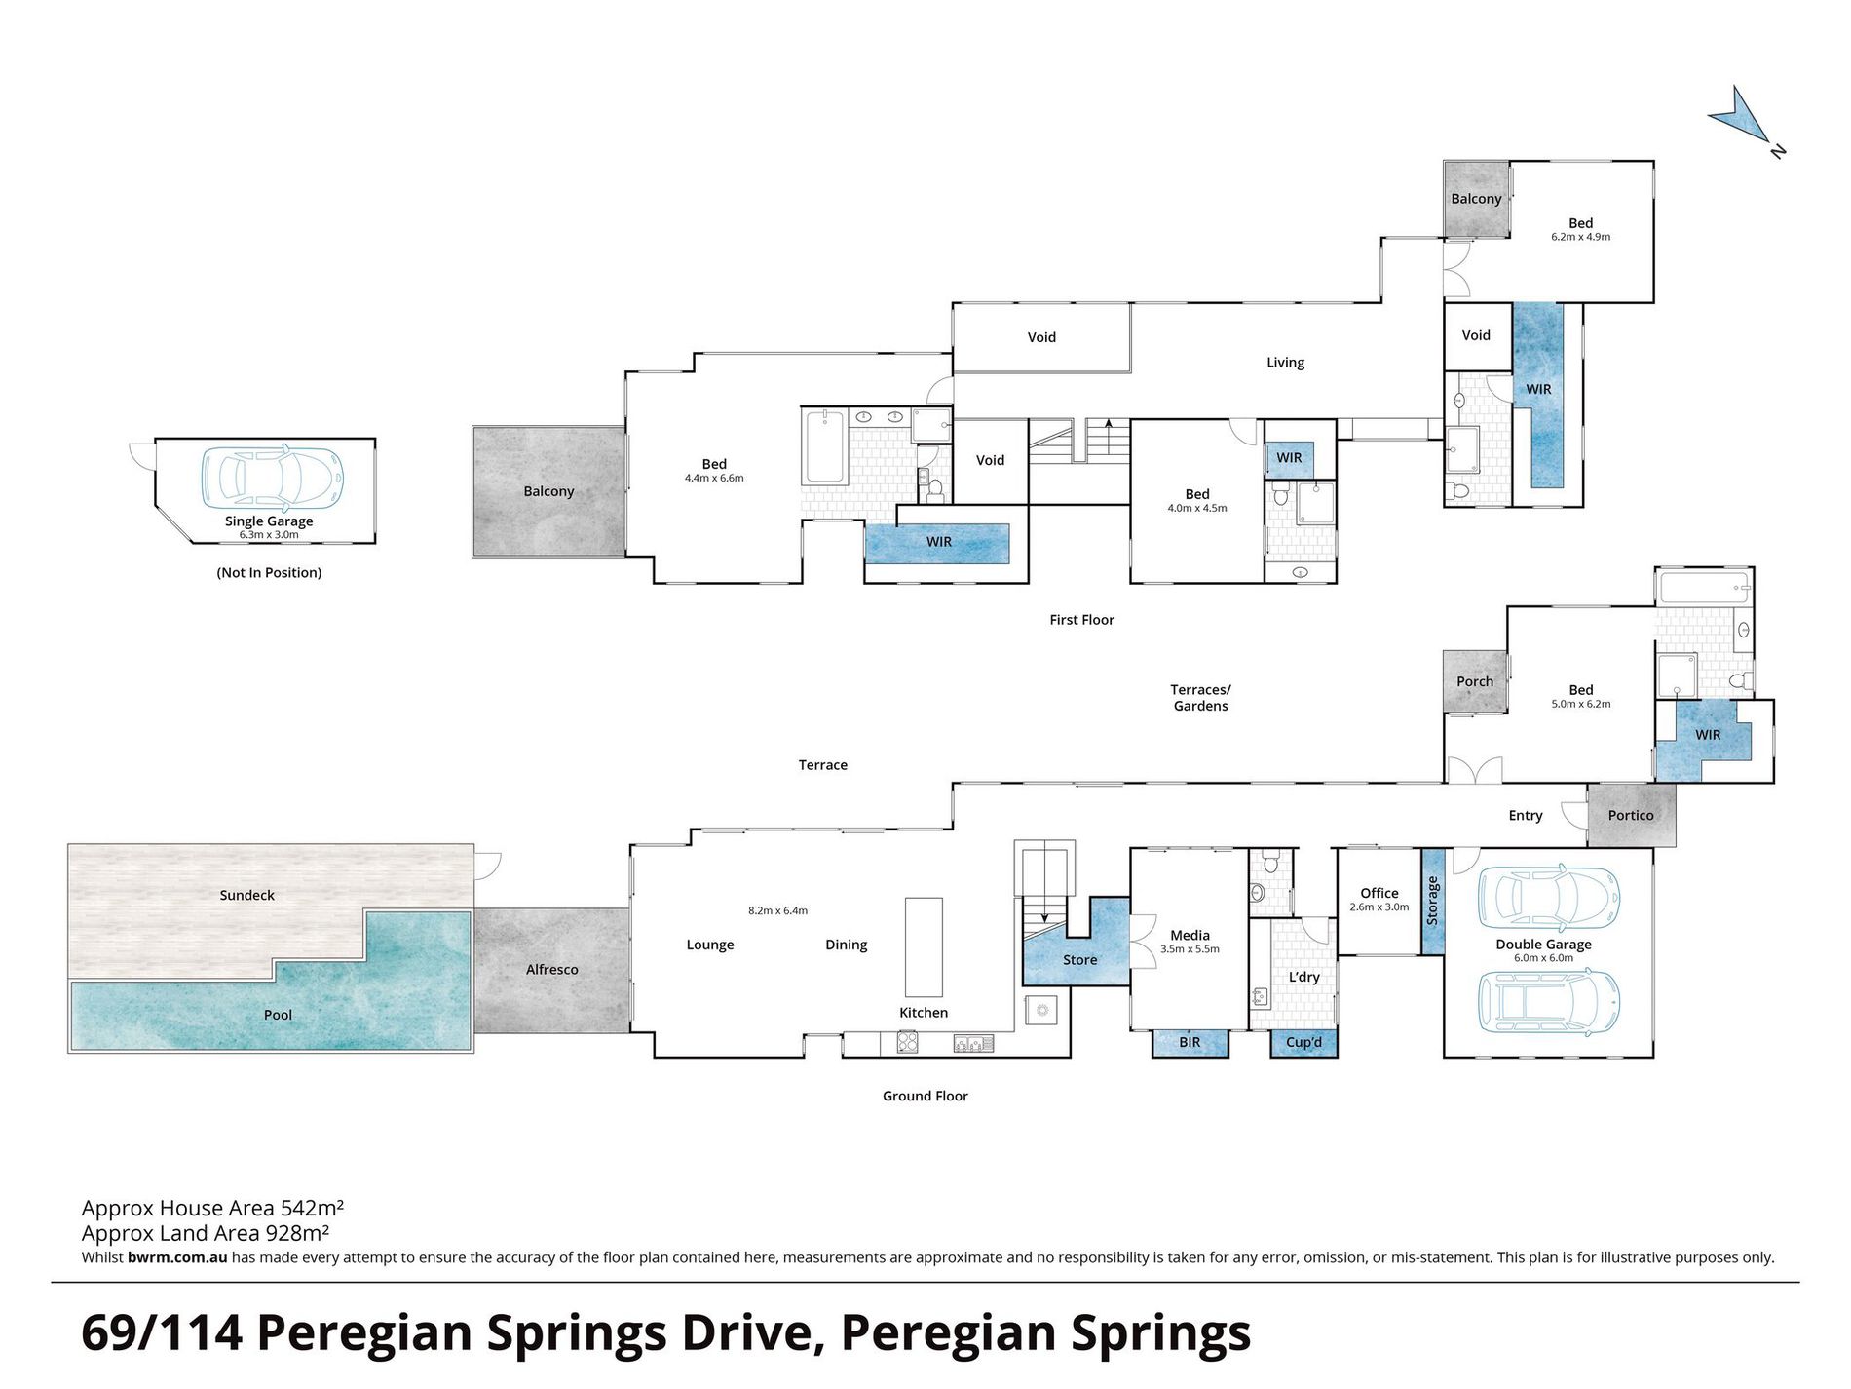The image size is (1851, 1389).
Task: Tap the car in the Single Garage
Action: tap(273, 478)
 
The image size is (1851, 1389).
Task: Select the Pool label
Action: tap(278, 1015)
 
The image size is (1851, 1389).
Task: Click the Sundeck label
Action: tap(247, 895)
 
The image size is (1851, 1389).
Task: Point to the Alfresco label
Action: tap(552, 969)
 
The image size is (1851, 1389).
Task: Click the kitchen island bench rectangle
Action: tap(925, 946)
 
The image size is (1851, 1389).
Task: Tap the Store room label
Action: tap(1080, 960)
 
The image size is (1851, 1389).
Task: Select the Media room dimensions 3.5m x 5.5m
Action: tap(1190, 949)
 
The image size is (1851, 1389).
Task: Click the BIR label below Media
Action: tap(1190, 1042)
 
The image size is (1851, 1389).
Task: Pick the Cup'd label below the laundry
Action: tap(1304, 1042)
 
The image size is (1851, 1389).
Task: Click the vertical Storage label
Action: tap(1432, 901)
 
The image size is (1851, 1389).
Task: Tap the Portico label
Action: tap(1631, 815)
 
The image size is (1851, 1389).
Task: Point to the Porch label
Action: tap(1475, 681)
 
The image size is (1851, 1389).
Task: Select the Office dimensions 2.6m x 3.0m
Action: tap(1379, 907)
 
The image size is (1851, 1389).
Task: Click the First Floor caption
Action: tap(1081, 620)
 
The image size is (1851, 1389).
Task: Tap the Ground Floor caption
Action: tap(925, 1096)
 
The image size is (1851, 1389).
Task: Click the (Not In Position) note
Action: tap(269, 572)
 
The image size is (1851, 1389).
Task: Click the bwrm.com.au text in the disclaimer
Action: tap(177, 1257)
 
